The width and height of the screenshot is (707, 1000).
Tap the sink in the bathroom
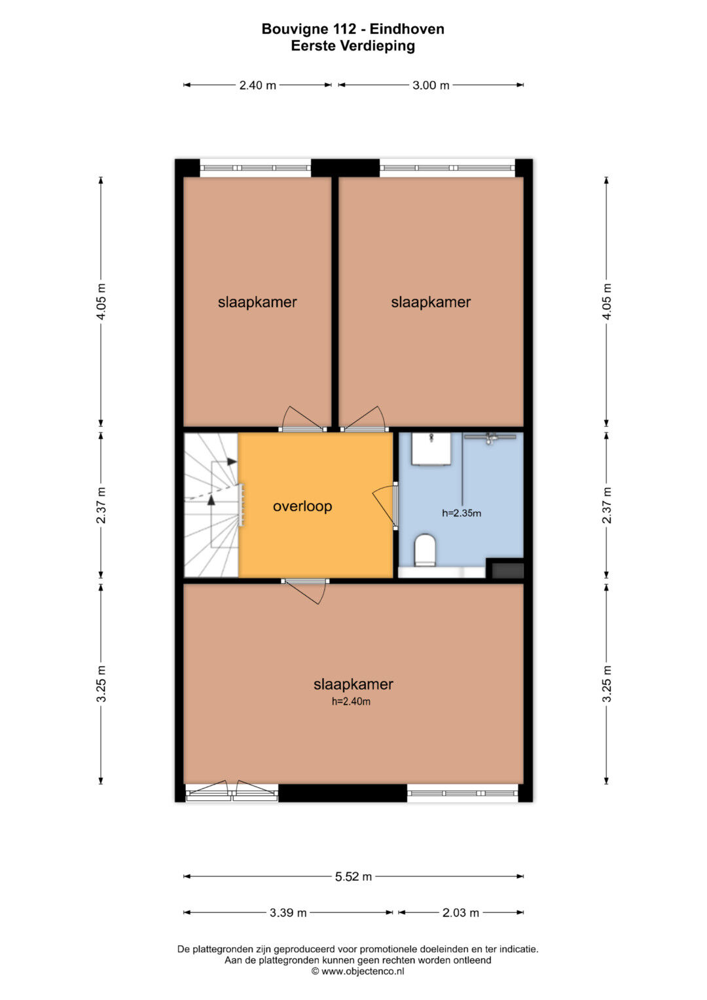pos(430,449)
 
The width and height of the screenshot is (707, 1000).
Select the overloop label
pos(302,506)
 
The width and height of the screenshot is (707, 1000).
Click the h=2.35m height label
pos(461,513)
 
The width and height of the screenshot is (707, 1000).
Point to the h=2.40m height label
pos(351,701)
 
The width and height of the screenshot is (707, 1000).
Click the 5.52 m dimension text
pos(353,876)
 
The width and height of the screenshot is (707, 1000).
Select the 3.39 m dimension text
pos(288,912)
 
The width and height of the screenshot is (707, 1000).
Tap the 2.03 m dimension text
pos(461,912)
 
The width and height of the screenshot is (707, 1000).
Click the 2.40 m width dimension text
pos(257,85)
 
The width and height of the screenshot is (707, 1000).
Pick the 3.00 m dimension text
pos(431,85)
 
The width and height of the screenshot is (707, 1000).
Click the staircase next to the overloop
pos(211,505)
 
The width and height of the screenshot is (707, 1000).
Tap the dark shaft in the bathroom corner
pos(507,570)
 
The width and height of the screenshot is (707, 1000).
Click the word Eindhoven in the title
pos(407,29)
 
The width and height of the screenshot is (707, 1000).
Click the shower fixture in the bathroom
pos(490,437)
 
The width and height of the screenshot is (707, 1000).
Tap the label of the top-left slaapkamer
pos(257,303)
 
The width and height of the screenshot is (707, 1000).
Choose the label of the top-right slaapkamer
pos(431,303)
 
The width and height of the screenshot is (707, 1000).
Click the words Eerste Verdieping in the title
pos(353,46)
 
